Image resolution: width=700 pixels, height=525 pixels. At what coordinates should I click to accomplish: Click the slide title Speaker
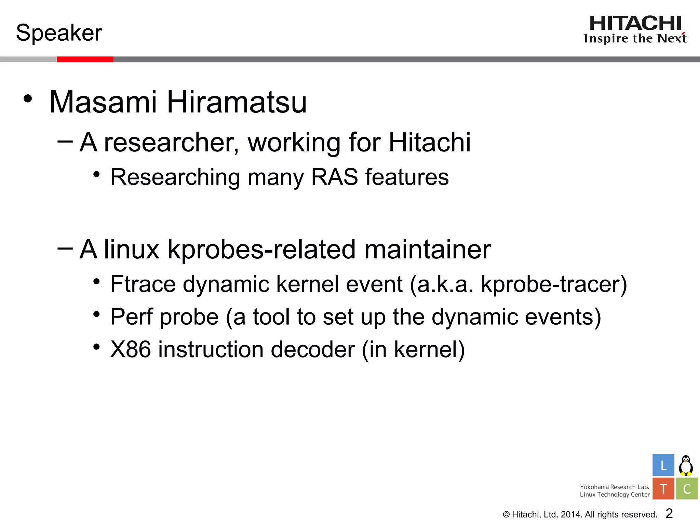[59, 33]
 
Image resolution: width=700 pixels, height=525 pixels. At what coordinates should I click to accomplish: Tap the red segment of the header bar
[85, 59]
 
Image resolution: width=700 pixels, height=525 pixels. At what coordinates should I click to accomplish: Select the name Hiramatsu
[237, 102]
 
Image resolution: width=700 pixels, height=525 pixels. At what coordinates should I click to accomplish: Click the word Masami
[103, 102]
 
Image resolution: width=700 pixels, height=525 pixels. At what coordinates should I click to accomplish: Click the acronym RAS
[334, 177]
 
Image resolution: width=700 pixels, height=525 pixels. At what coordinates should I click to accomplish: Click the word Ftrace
[143, 284]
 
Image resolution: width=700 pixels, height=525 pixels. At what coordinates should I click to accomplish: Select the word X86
[131, 350]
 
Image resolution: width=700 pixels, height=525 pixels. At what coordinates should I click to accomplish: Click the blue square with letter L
[663, 465]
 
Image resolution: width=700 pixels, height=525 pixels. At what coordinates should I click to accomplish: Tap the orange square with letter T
[663, 489]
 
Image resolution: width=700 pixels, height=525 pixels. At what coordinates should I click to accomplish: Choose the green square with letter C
[687, 489]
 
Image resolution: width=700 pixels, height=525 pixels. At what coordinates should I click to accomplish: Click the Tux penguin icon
[686, 466]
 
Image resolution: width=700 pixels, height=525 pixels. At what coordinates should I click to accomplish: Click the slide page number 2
[669, 513]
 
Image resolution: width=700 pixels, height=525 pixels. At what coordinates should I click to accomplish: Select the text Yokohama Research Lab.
[614, 487]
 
